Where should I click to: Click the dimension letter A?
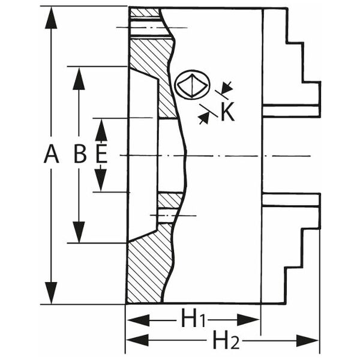pos(51,154)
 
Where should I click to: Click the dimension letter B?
pos(80,154)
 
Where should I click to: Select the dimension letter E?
pos(101,154)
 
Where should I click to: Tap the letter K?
pos(227,112)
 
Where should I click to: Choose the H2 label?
pos(226,340)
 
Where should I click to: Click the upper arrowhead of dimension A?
pos(51,18)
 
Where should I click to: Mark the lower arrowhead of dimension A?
pos(51,293)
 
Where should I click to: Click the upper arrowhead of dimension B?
pos(79,79)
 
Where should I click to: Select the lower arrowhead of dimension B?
pos(79,232)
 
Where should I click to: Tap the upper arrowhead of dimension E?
pos(101,130)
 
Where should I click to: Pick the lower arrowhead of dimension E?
pos(101,180)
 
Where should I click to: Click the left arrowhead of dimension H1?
pos(138,320)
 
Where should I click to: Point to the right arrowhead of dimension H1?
pos(248,320)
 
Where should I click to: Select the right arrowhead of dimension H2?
pos(308,340)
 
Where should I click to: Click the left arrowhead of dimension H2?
pos(138,340)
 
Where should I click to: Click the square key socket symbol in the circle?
pos(192,85)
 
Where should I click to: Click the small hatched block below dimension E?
pos(170,200)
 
